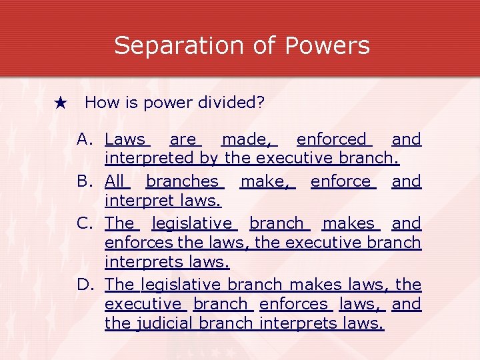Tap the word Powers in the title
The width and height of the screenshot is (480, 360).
coord(327,46)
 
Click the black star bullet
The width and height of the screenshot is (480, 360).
coord(61,103)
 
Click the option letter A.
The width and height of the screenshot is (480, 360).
coord(85,139)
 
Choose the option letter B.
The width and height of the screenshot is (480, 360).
coord(85,181)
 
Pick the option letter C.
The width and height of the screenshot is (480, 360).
coord(85,223)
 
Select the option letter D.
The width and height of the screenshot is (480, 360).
coord(85,285)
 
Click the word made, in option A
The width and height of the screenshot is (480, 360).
coord(247,139)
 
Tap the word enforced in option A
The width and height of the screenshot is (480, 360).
coord(332,139)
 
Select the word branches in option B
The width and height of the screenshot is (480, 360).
coord(182,181)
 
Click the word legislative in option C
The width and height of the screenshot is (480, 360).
coord(192,223)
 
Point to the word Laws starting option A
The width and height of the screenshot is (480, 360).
coord(125,139)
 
